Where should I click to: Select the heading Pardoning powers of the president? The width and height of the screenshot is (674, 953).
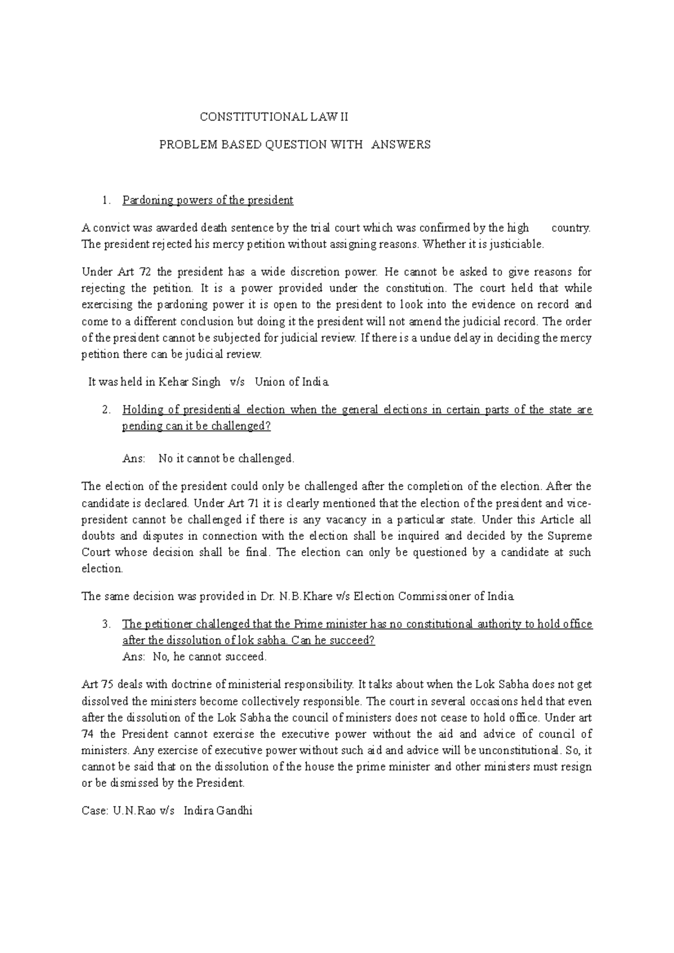pos(208,200)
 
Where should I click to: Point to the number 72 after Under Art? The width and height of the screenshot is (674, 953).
pos(145,272)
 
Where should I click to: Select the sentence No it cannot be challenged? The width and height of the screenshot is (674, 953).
pos(226,459)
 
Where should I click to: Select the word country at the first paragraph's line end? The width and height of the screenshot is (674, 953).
pos(571,228)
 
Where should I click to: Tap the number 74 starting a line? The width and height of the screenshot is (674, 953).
pos(88,734)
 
